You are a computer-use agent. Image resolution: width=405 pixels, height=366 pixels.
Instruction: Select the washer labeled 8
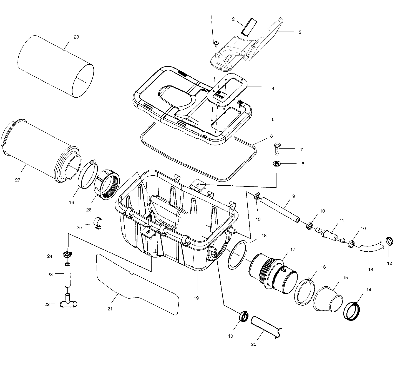click(x=277, y=164)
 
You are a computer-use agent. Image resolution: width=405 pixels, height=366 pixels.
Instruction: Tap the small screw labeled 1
click(x=217, y=43)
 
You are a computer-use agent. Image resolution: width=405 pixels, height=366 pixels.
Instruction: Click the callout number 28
click(x=76, y=37)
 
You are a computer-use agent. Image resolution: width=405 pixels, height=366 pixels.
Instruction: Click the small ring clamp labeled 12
click(x=390, y=241)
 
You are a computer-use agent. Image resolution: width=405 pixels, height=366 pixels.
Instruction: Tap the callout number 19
click(x=196, y=298)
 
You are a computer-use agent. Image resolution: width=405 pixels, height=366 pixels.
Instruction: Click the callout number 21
click(x=110, y=309)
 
